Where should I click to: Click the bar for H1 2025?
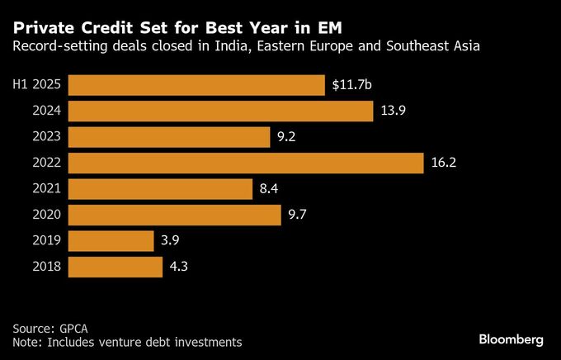pyautogui.click(x=196, y=85)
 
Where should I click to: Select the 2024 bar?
pyautogui.click(x=221, y=111)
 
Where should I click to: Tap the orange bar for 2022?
pyautogui.click(x=246, y=163)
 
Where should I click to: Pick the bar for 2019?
pyautogui.click(x=111, y=241)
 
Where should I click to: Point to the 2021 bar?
pyautogui.click(x=160, y=189)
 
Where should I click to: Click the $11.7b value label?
pyautogui.click(x=352, y=85)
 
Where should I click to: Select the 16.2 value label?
pyautogui.click(x=443, y=163)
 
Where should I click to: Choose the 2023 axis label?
pyautogui.click(x=47, y=137)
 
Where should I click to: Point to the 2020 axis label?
pyautogui.click(x=47, y=216)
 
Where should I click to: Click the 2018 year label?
pyautogui.click(x=47, y=268)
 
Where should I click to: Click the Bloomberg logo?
pyautogui.click(x=511, y=339)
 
